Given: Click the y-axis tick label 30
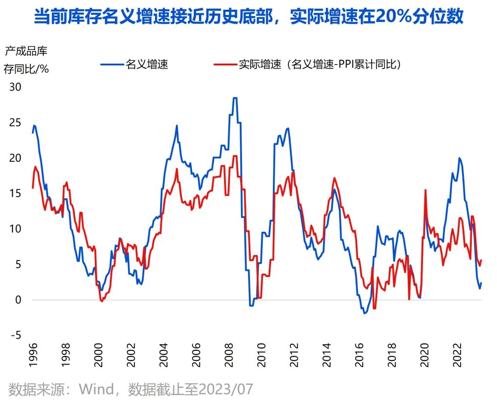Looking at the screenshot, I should [x=16, y=87].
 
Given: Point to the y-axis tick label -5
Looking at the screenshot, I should [x=16, y=335].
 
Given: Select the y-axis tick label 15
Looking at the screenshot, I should [x=16, y=193].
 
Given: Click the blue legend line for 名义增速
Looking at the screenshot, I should [x=112, y=65].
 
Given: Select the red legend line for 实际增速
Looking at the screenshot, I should [x=225, y=65].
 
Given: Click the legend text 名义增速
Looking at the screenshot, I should [x=147, y=65].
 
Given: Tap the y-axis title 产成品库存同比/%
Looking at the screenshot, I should [x=26, y=59].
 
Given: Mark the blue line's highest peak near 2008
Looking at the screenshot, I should [x=235, y=98].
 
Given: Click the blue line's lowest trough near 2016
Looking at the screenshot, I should [x=365, y=313].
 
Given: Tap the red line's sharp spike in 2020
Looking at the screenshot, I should [x=425, y=190].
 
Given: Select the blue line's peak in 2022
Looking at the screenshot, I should [x=459, y=158].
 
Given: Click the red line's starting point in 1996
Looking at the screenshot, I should [x=33, y=188].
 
